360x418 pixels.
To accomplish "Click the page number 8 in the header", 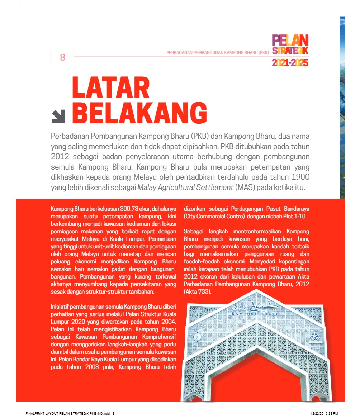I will [62, 57].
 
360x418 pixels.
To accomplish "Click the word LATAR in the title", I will [111, 88].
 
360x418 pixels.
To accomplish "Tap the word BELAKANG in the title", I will [140, 113].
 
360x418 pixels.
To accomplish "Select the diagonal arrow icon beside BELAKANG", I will [58, 117].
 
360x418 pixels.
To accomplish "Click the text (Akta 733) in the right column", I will [198, 292].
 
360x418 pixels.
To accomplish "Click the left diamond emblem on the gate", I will [197, 337].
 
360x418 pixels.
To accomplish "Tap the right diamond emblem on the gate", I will [314, 337].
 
